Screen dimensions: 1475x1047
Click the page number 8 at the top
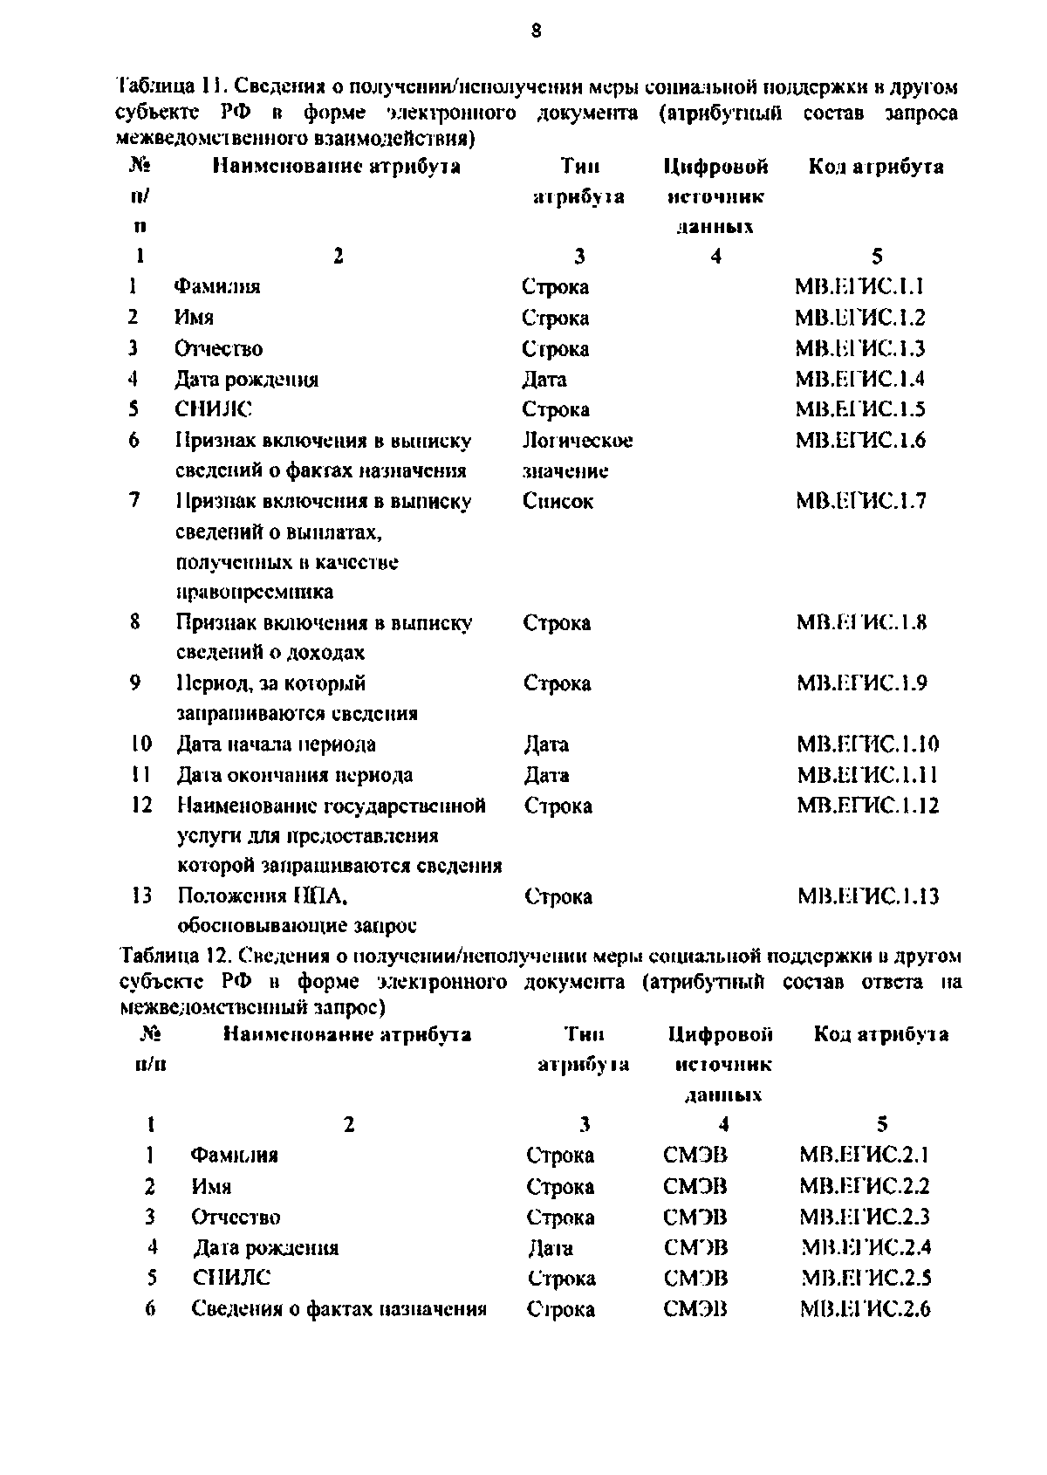pos(536,31)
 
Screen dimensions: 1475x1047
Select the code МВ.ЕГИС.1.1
pos(859,286)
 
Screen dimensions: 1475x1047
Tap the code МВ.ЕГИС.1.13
pos(868,896)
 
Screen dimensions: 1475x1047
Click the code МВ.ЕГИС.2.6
pos(865,1308)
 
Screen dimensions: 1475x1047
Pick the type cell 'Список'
pos(558,501)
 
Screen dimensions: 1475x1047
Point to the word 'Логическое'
pos(577,441)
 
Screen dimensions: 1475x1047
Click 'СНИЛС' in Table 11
pos(214,409)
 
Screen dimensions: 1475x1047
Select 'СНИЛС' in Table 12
pos(231,1278)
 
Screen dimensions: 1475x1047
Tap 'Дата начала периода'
pos(277,744)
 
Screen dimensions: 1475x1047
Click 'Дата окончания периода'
pos(295,775)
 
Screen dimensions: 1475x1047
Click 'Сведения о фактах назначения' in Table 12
pos(339,1308)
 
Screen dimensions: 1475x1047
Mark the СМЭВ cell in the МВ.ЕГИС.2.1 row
pos(695,1156)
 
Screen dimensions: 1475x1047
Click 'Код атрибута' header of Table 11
pos(876,167)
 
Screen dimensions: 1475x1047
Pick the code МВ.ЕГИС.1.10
pos(868,744)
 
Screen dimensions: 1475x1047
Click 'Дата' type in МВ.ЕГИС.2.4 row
pos(551,1247)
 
